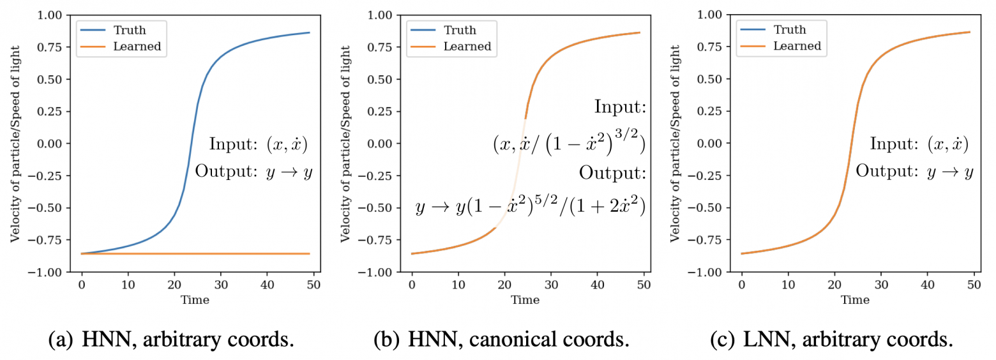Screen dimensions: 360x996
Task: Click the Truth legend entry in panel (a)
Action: (130, 29)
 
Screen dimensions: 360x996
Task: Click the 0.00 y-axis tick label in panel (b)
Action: (382, 144)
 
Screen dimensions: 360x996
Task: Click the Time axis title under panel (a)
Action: (197, 299)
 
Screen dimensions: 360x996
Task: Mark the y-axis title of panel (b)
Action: (345, 143)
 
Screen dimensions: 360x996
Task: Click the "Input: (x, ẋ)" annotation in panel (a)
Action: (258, 144)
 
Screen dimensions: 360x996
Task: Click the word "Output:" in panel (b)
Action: (613, 171)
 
